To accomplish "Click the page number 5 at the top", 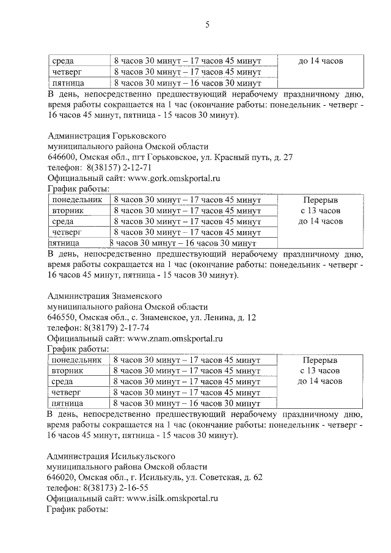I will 207,25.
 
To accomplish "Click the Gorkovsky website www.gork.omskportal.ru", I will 173,178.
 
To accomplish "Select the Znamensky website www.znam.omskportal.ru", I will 174,338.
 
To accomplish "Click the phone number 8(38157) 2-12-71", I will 116,167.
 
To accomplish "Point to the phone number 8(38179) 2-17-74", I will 115,328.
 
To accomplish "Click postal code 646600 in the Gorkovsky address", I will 61,157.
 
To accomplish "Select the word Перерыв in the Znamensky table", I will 320,360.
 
